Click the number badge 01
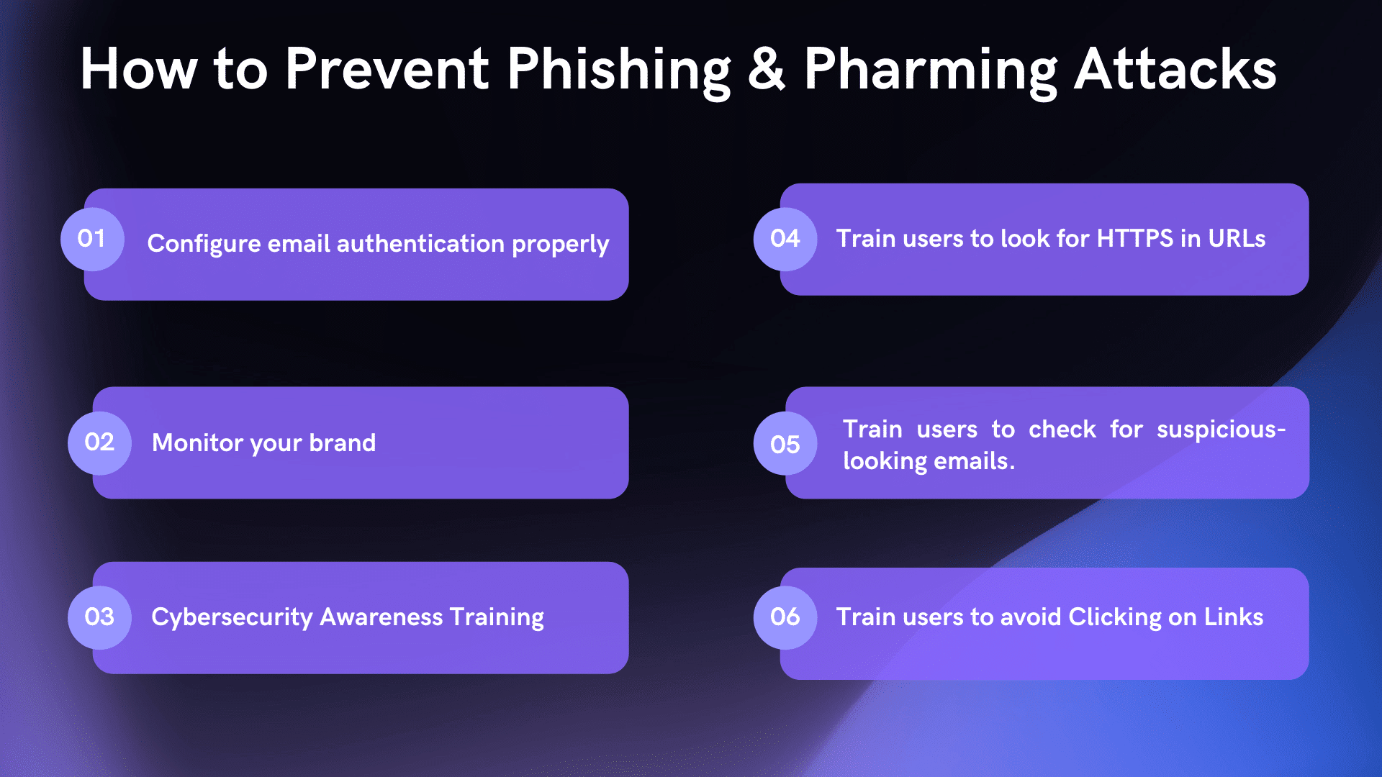pos(92,239)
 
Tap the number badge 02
pos(99,442)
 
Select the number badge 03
pos(99,617)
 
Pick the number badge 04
pos(785,239)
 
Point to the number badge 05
pos(785,444)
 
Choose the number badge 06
pos(785,617)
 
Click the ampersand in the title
pos(767,69)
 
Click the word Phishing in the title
pos(619,71)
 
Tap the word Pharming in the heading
pos(931,71)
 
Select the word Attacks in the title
pos(1175,69)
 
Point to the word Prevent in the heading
pos(387,69)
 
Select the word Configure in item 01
pos(204,244)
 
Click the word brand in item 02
pos(342,442)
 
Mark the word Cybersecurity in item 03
pos(232,618)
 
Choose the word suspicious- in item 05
pos(1221,430)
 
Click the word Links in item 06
pos(1234,617)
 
